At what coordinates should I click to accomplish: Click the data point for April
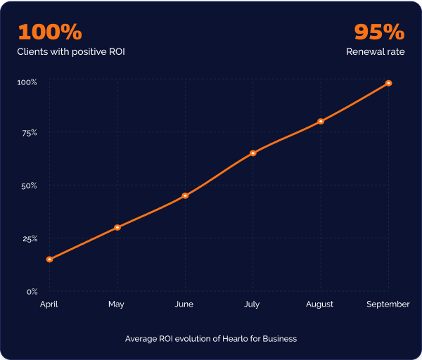coord(49,259)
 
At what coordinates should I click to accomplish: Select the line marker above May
coord(117,227)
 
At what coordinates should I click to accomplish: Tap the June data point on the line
coord(185,195)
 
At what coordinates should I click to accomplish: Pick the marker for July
coord(253,153)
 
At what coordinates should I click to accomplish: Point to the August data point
coord(321,121)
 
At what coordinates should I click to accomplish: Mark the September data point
coord(388,83)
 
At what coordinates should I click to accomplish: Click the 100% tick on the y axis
coord(27,82)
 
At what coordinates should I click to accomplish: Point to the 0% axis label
coord(32,291)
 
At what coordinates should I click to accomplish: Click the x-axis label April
coord(49,304)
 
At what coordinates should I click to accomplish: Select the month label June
coord(184,304)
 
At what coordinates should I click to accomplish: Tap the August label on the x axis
coord(320,304)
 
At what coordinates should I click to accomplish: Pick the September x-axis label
coord(388,304)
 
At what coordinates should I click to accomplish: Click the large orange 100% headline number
coord(50,32)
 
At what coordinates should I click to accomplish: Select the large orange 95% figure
coord(379,32)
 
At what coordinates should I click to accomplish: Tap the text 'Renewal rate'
coord(375,52)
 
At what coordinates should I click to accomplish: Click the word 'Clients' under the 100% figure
coord(33,52)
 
